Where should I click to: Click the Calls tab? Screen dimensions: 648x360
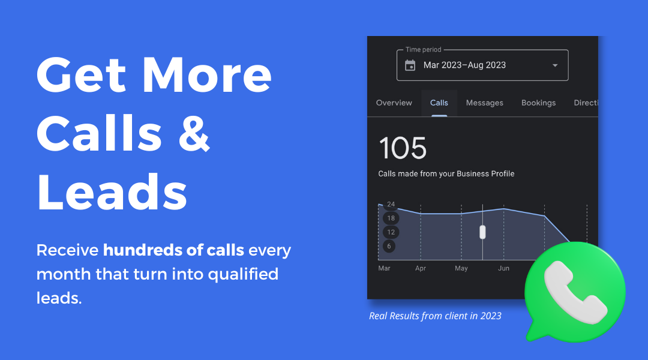(439, 103)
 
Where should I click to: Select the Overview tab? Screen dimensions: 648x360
(394, 103)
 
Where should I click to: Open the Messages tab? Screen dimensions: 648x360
(484, 103)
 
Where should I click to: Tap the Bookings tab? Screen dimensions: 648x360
(538, 103)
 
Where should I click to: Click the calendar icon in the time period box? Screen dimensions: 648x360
(410, 65)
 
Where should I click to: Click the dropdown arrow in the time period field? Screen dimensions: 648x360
(555, 65)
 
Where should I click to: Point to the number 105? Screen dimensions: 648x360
(403, 148)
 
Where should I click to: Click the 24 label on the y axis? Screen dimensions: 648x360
(391, 204)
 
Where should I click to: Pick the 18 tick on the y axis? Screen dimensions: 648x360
(391, 218)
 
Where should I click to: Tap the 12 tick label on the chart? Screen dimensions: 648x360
(391, 232)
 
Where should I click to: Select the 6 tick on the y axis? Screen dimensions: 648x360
(389, 247)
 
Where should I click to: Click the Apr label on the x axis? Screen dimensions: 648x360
(420, 269)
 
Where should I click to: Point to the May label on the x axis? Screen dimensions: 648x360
(461, 269)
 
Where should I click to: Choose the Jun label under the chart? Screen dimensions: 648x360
(503, 269)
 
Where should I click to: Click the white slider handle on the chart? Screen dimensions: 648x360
(482, 232)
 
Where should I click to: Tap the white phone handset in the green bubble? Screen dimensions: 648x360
(575, 292)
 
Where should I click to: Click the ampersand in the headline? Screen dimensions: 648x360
(194, 133)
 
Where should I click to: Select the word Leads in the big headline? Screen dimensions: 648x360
(112, 192)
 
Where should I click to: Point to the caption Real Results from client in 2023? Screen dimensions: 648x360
(435, 316)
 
